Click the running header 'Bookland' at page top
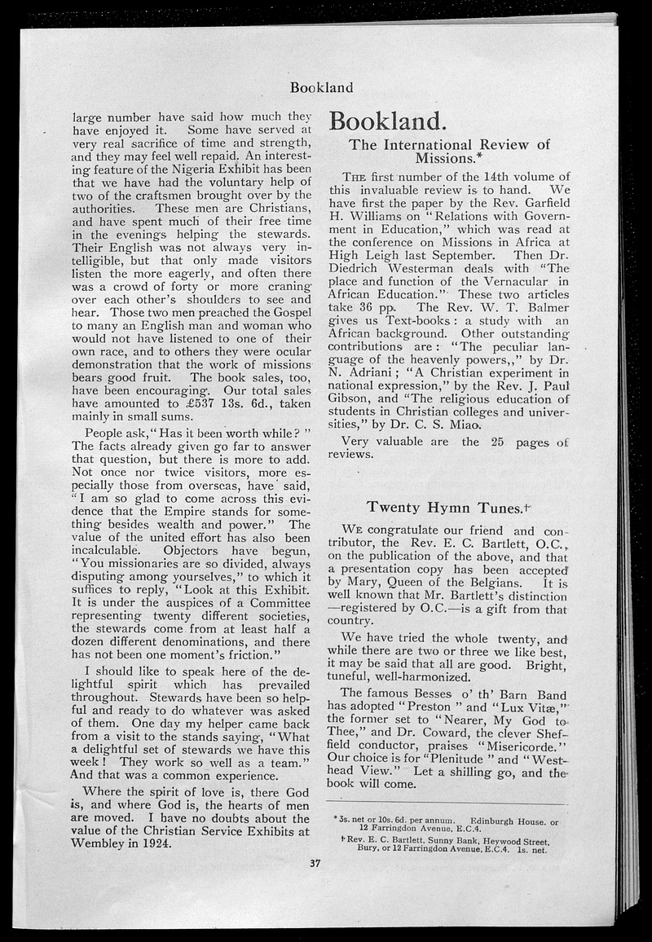(321, 86)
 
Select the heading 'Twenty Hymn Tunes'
(443, 507)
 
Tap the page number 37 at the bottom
(315, 864)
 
